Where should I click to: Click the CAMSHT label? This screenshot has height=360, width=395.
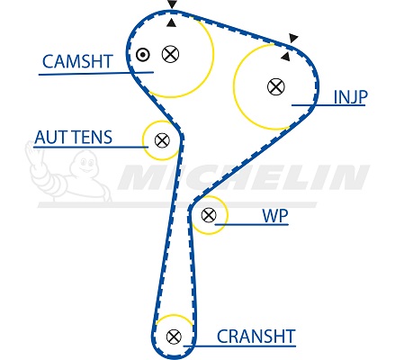coord(77,61)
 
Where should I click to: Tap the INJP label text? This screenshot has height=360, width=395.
coord(350,97)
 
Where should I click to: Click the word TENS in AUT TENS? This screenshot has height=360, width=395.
coord(93,138)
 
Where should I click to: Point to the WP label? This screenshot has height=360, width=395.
coord(275,215)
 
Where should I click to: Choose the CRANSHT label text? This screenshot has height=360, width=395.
coord(256,337)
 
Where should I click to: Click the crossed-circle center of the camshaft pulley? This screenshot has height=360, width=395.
coord(170,54)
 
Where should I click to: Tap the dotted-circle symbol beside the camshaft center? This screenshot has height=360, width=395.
coord(143,55)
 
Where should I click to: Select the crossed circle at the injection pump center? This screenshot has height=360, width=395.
coord(275,86)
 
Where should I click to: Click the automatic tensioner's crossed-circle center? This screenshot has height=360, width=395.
coord(162,140)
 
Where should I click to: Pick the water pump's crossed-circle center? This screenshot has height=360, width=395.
coord(209,215)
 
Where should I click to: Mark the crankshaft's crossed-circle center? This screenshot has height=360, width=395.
coord(174,337)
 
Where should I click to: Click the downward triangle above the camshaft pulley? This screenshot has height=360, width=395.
coord(172,4)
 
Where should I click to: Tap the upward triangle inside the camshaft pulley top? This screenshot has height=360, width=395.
coord(171,22)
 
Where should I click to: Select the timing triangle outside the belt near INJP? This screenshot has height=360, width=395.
coord(293,38)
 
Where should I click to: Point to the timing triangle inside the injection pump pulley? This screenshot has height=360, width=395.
coord(286,57)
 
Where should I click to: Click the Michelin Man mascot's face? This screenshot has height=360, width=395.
coord(85,164)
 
